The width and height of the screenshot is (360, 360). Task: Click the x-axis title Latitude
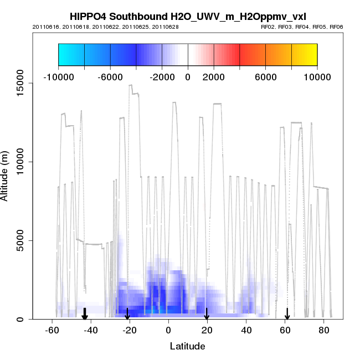point(187,346)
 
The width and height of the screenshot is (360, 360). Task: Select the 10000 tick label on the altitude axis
point(18,162)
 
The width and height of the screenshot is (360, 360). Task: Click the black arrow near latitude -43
point(85,314)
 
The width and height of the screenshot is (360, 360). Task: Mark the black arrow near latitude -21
point(127,314)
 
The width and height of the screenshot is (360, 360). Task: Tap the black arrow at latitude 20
point(207,314)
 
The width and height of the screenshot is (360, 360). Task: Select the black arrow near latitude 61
point(287,314)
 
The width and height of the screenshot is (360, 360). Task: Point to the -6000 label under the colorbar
point(110,76)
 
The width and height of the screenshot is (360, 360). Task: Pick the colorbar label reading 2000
point(213,76)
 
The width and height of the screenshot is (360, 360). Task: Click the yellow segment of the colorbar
point(304,55)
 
